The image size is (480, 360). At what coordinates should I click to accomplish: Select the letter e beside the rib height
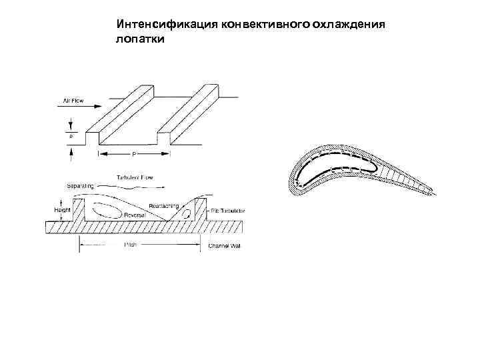click(x=71, y=135)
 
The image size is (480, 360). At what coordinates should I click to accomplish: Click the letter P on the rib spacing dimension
click(x=135, y=154)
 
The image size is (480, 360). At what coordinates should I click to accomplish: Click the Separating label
click(x=80, y=185)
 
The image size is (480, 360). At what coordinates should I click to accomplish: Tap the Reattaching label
click(x=163, y=205)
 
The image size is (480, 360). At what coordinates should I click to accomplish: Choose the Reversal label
click(x=136, y=215)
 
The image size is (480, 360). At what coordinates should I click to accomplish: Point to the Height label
click(x=61, y=210)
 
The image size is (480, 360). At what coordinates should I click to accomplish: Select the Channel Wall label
click(x=225, y=246)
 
